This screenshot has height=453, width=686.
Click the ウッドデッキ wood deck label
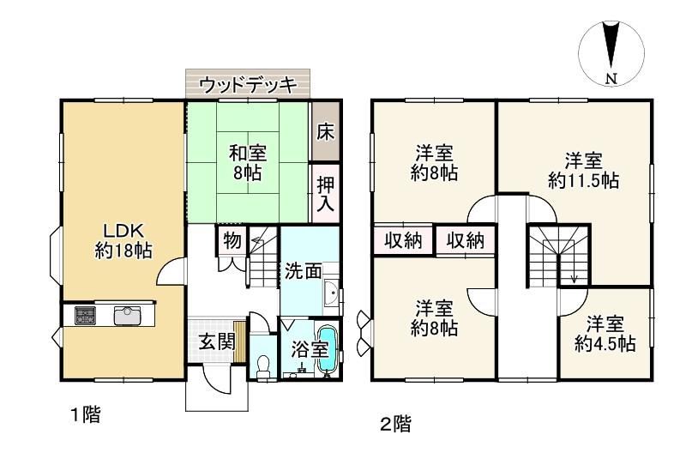click(x=248, y=85)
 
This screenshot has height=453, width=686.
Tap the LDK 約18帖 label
click(x=123, y=240)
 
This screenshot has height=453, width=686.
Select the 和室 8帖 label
click(x=248, y=163)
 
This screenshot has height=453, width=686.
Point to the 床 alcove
click(x=326, y=131)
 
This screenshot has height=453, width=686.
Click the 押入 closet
click(x=326, y=193)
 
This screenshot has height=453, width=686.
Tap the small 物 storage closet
click(x=232, y=241)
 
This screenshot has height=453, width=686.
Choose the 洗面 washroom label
click(x=304, y=271)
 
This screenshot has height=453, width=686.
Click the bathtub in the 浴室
click(x=326, y=348)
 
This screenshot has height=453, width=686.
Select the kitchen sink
click(x=127, y=316)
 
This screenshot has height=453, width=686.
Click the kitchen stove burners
click(x=85, y=316)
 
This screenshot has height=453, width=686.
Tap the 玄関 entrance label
click(x=217, y=341)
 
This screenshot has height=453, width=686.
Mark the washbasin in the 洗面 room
click(x=332, y=292)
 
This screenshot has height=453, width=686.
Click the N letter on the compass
click(x=611, y=79)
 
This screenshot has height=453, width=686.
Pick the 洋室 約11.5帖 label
click(x=583, y=170)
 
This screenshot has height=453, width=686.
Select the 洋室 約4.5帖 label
click(x=605, y=334)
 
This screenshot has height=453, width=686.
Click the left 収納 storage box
click(x=403, y=240)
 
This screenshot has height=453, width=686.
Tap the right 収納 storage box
click(x=466, y=240)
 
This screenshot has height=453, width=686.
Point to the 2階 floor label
click(x=395, y=424)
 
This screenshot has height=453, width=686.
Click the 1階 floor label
click(x=86, y=414)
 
